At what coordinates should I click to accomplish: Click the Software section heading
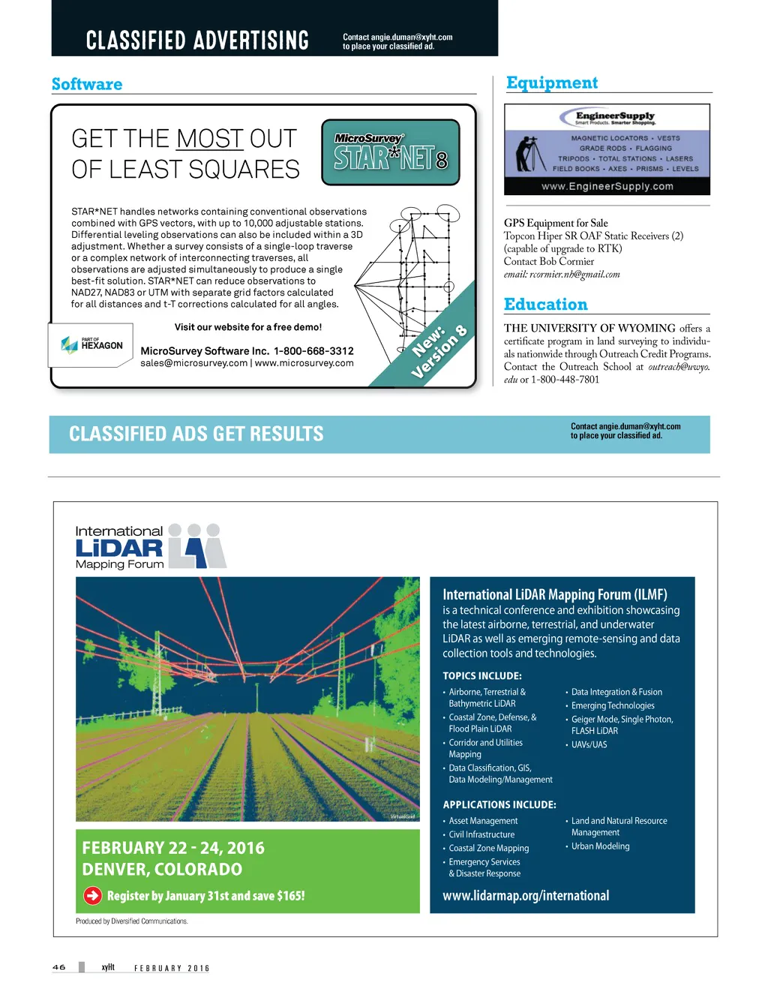87,84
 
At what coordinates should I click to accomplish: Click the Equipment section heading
552,83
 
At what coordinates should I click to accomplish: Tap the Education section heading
546,304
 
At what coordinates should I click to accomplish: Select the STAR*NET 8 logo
390,152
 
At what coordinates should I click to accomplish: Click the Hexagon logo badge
91,344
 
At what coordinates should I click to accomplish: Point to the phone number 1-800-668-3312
313,350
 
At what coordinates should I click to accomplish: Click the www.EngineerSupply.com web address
607,186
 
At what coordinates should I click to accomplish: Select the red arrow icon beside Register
92,895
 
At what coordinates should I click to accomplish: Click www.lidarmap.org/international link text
526,895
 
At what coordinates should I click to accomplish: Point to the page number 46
59,967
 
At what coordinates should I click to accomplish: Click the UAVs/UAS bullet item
589,744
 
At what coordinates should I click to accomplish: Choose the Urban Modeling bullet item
600,846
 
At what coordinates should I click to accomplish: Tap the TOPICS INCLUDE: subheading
481,675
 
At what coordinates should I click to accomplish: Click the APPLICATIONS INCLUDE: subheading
499,804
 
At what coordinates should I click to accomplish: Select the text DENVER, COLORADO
162,869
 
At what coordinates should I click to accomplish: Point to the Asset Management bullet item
483,821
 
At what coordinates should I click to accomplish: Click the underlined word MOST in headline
210,139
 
